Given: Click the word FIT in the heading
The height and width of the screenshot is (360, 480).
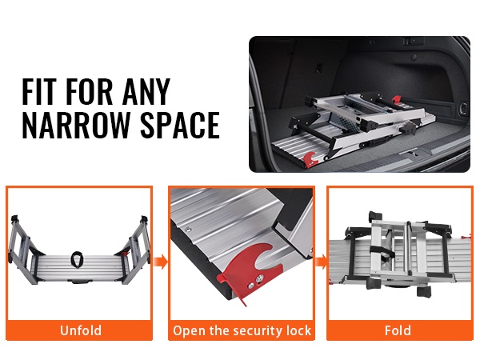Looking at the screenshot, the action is point(39,91).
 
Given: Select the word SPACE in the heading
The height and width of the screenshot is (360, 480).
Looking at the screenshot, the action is point(180,126).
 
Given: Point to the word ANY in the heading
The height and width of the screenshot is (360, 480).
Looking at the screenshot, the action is point(146,91).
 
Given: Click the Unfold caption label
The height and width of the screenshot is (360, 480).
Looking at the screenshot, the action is point(81,330).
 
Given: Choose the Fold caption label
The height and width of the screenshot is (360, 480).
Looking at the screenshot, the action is point(398,330).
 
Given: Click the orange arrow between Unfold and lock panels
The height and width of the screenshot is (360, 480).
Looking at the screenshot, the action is point(161,262).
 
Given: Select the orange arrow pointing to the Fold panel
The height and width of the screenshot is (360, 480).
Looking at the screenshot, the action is point(321,262).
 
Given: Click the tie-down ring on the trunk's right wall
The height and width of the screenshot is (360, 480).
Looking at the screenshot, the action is point(464,107).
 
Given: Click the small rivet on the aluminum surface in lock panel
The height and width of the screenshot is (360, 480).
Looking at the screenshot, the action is point(189,228).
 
